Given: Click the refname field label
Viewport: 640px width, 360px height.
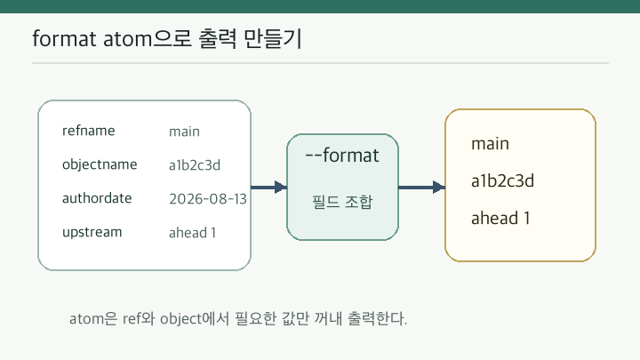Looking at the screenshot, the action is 89,131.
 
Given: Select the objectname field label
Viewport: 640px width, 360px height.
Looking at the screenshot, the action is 100,164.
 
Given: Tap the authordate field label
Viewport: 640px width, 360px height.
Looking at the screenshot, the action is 97,198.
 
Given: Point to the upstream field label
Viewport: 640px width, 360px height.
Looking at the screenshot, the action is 92,232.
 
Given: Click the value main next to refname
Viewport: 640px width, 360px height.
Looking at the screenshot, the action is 184,132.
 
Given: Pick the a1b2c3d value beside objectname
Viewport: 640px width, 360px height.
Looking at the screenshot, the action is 195,165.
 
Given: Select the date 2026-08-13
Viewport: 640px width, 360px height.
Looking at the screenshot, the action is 208,199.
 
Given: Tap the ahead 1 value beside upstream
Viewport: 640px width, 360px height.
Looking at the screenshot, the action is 192,233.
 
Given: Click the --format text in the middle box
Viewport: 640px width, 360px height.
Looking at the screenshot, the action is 342,156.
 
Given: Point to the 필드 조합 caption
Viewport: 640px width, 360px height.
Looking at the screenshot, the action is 342,202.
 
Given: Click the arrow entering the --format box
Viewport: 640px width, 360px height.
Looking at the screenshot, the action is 269,188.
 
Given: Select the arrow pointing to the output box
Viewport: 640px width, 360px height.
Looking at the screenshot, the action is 421,188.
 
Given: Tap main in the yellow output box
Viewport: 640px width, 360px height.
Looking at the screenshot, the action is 490,144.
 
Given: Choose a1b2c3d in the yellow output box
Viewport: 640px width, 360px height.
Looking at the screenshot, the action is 502,180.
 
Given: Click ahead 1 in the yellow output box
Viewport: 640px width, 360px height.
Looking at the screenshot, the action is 500,218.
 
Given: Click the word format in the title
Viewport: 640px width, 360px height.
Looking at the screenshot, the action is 65,39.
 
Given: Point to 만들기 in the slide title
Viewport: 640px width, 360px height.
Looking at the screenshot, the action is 272,39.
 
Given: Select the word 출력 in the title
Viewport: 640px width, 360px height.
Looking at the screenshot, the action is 217,39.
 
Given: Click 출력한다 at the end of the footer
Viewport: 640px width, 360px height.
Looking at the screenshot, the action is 377,319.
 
